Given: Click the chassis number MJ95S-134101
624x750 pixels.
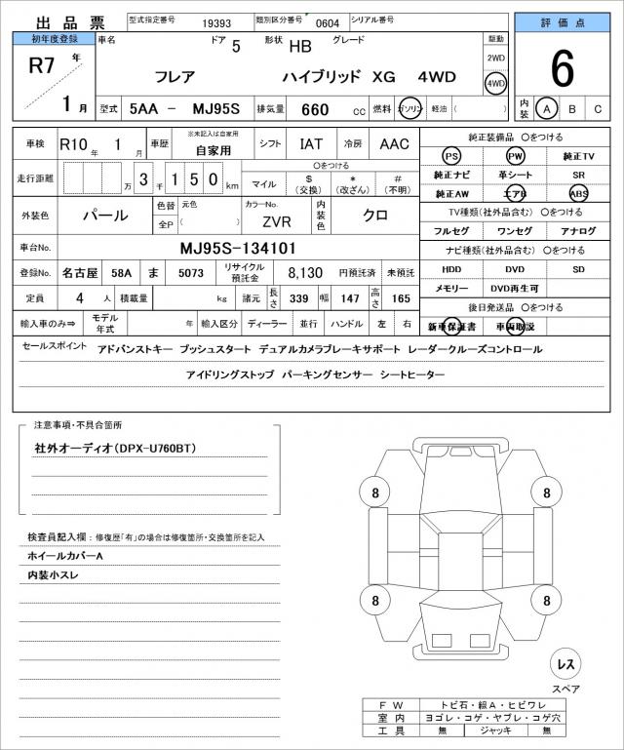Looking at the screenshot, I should point(238,248).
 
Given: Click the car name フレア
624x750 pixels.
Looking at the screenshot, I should point(174,76).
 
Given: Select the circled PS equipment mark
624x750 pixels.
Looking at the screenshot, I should point(450,157).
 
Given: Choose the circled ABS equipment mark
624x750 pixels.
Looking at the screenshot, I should point(578,194).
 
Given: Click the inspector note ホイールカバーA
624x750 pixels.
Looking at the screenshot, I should point(65,555).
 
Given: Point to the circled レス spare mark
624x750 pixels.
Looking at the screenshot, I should point(565,664).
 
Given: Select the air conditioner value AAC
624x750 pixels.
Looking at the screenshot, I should point(394,143).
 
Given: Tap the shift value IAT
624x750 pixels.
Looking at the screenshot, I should point(310,143).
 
